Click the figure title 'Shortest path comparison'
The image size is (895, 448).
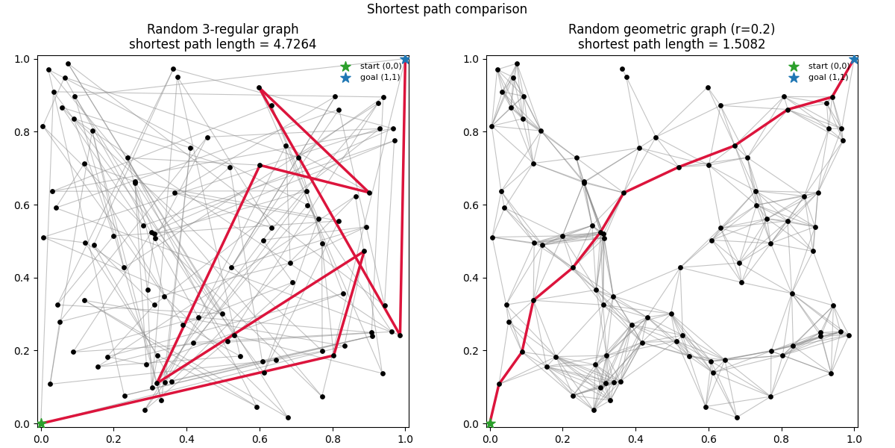(447, 9)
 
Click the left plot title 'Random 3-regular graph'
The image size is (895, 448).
(222, 29)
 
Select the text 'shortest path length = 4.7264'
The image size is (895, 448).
(222, 44)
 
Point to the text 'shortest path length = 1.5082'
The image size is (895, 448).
(671, 44)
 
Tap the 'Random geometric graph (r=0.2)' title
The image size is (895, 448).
(671, 29)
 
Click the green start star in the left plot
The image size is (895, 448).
(40, 423)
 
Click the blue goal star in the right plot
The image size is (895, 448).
(854, 59)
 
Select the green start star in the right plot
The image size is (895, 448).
(490, 423)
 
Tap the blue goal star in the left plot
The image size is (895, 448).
(405, 59)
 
